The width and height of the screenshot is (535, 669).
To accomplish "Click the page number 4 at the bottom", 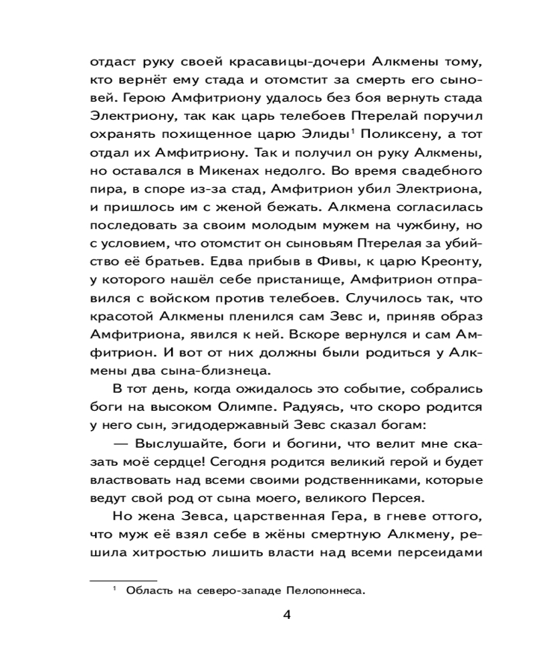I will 286,615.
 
